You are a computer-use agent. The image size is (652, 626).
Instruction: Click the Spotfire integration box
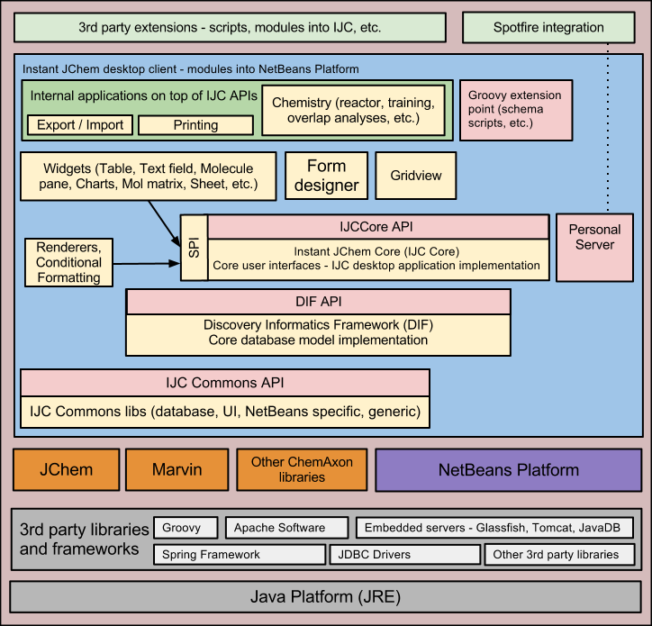tap(548, 27)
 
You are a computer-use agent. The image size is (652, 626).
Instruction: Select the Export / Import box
tap(80, 125)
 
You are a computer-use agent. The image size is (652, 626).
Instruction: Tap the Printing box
tap(195, 125)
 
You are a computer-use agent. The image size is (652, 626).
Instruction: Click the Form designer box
tap(326, 176)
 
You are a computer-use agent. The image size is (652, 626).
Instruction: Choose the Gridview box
tap(416, 176)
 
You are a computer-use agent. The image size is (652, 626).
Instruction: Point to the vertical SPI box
tap(194, 248)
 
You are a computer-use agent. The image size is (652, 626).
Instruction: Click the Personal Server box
tap(594, 238)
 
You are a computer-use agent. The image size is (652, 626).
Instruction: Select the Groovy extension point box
tap(514, 109)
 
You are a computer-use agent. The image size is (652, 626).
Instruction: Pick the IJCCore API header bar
tap(378, 226)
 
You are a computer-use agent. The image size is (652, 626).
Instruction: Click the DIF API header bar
tap(318, 302)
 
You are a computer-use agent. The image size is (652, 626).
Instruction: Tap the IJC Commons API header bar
tap(224, 383)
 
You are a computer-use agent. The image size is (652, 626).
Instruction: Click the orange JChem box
tap(66, 469)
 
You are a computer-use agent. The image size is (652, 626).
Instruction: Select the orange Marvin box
tap(177, 469)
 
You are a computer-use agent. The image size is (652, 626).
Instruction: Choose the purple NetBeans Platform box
tap(508, 469)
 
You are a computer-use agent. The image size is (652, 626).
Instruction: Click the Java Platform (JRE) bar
tap(325, 596)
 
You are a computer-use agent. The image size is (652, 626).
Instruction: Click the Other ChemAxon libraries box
tap(302, 469)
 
